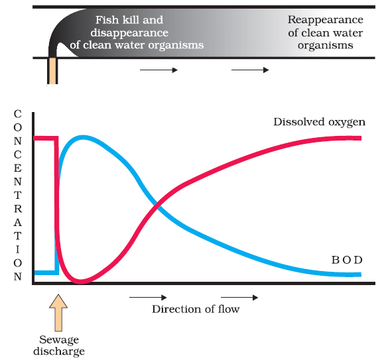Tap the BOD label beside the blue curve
point(346,259)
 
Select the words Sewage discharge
point(59,345)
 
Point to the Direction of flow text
point(196,309)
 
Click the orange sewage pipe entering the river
point(52,70)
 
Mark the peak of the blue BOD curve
point(82,137)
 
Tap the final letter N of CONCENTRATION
point(17,276)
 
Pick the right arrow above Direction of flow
point(239,298)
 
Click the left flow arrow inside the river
point(159,69)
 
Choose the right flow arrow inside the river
point(249,69)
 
